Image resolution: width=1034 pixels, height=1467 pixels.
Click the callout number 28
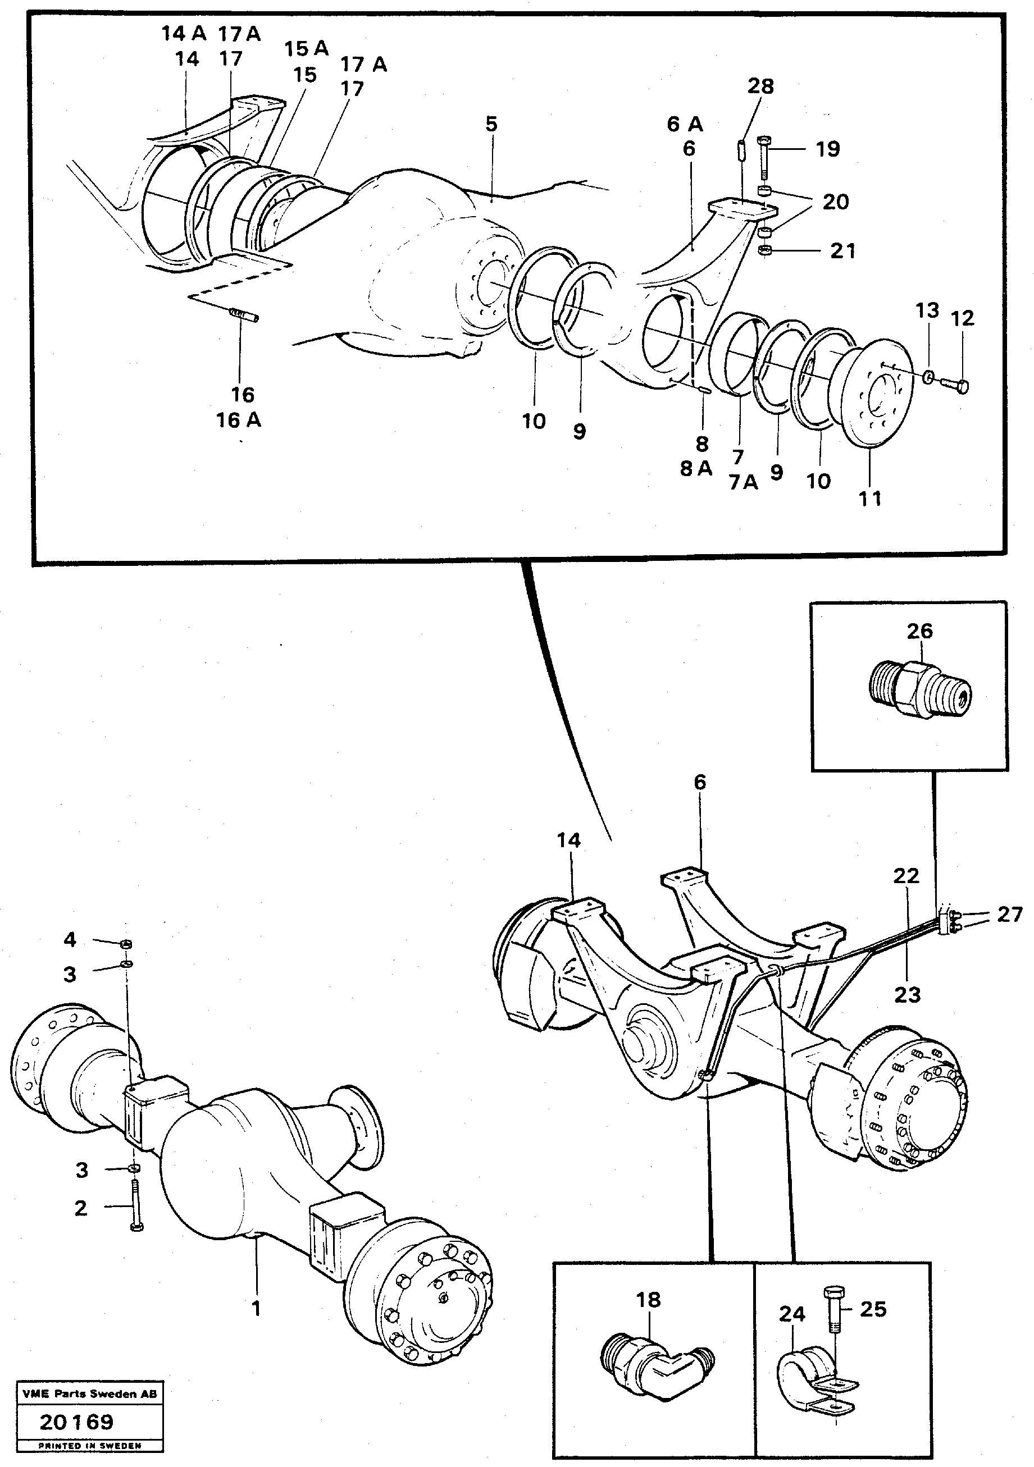click(x=760, y=86)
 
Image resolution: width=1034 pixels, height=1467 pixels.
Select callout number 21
click(x=842, y=251)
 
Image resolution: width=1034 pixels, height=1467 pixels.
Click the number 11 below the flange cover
click(x=870, y=499)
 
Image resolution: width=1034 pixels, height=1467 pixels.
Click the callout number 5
click(x=491, y=124)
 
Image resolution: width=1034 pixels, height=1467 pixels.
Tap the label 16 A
click(x=238, y=421)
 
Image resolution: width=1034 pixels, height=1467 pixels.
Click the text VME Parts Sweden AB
click(x=89, y=1394)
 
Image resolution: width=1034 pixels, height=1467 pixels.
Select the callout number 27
click(x=1010, y=915)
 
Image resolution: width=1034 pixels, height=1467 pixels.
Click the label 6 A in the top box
click(x=685, y=124)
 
